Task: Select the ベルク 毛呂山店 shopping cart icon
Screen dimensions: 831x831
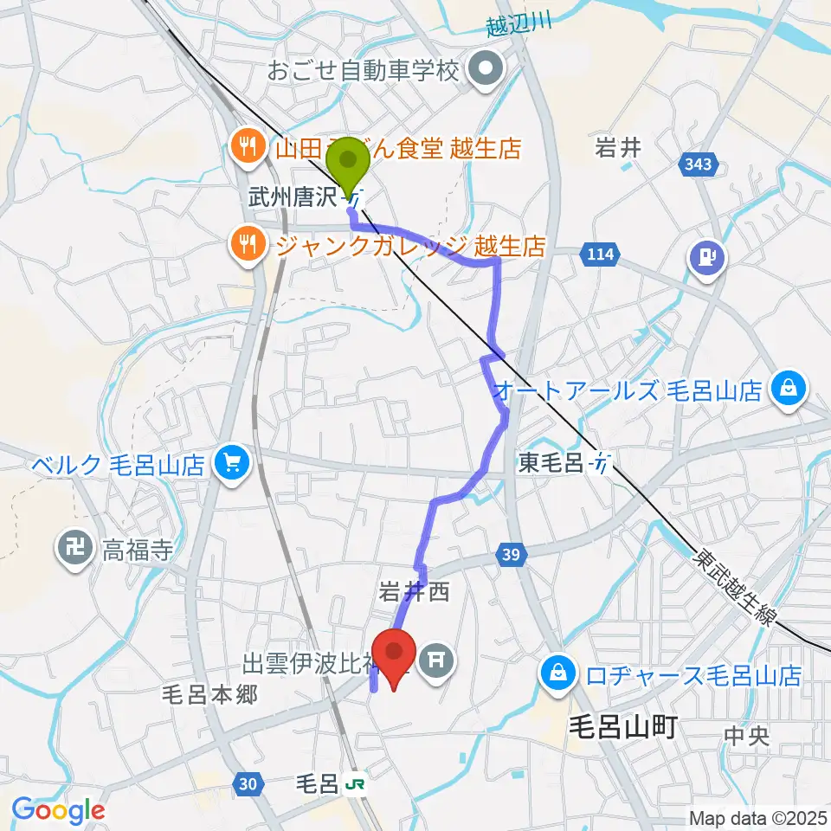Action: pos(230,465)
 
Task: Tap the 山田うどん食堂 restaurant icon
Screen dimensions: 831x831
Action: pos(248,146)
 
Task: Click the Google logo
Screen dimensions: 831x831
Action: pos(58,809)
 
